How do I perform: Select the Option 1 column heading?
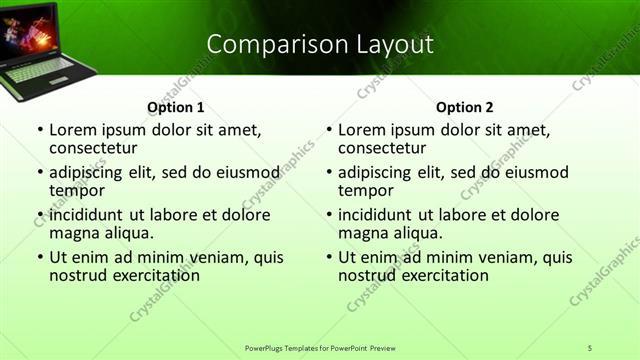176,107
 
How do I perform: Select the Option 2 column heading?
465,107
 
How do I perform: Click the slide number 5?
589,347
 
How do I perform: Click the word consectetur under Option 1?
93,149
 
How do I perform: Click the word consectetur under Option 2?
382,149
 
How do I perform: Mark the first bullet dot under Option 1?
39,131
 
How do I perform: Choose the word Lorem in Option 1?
71,130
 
